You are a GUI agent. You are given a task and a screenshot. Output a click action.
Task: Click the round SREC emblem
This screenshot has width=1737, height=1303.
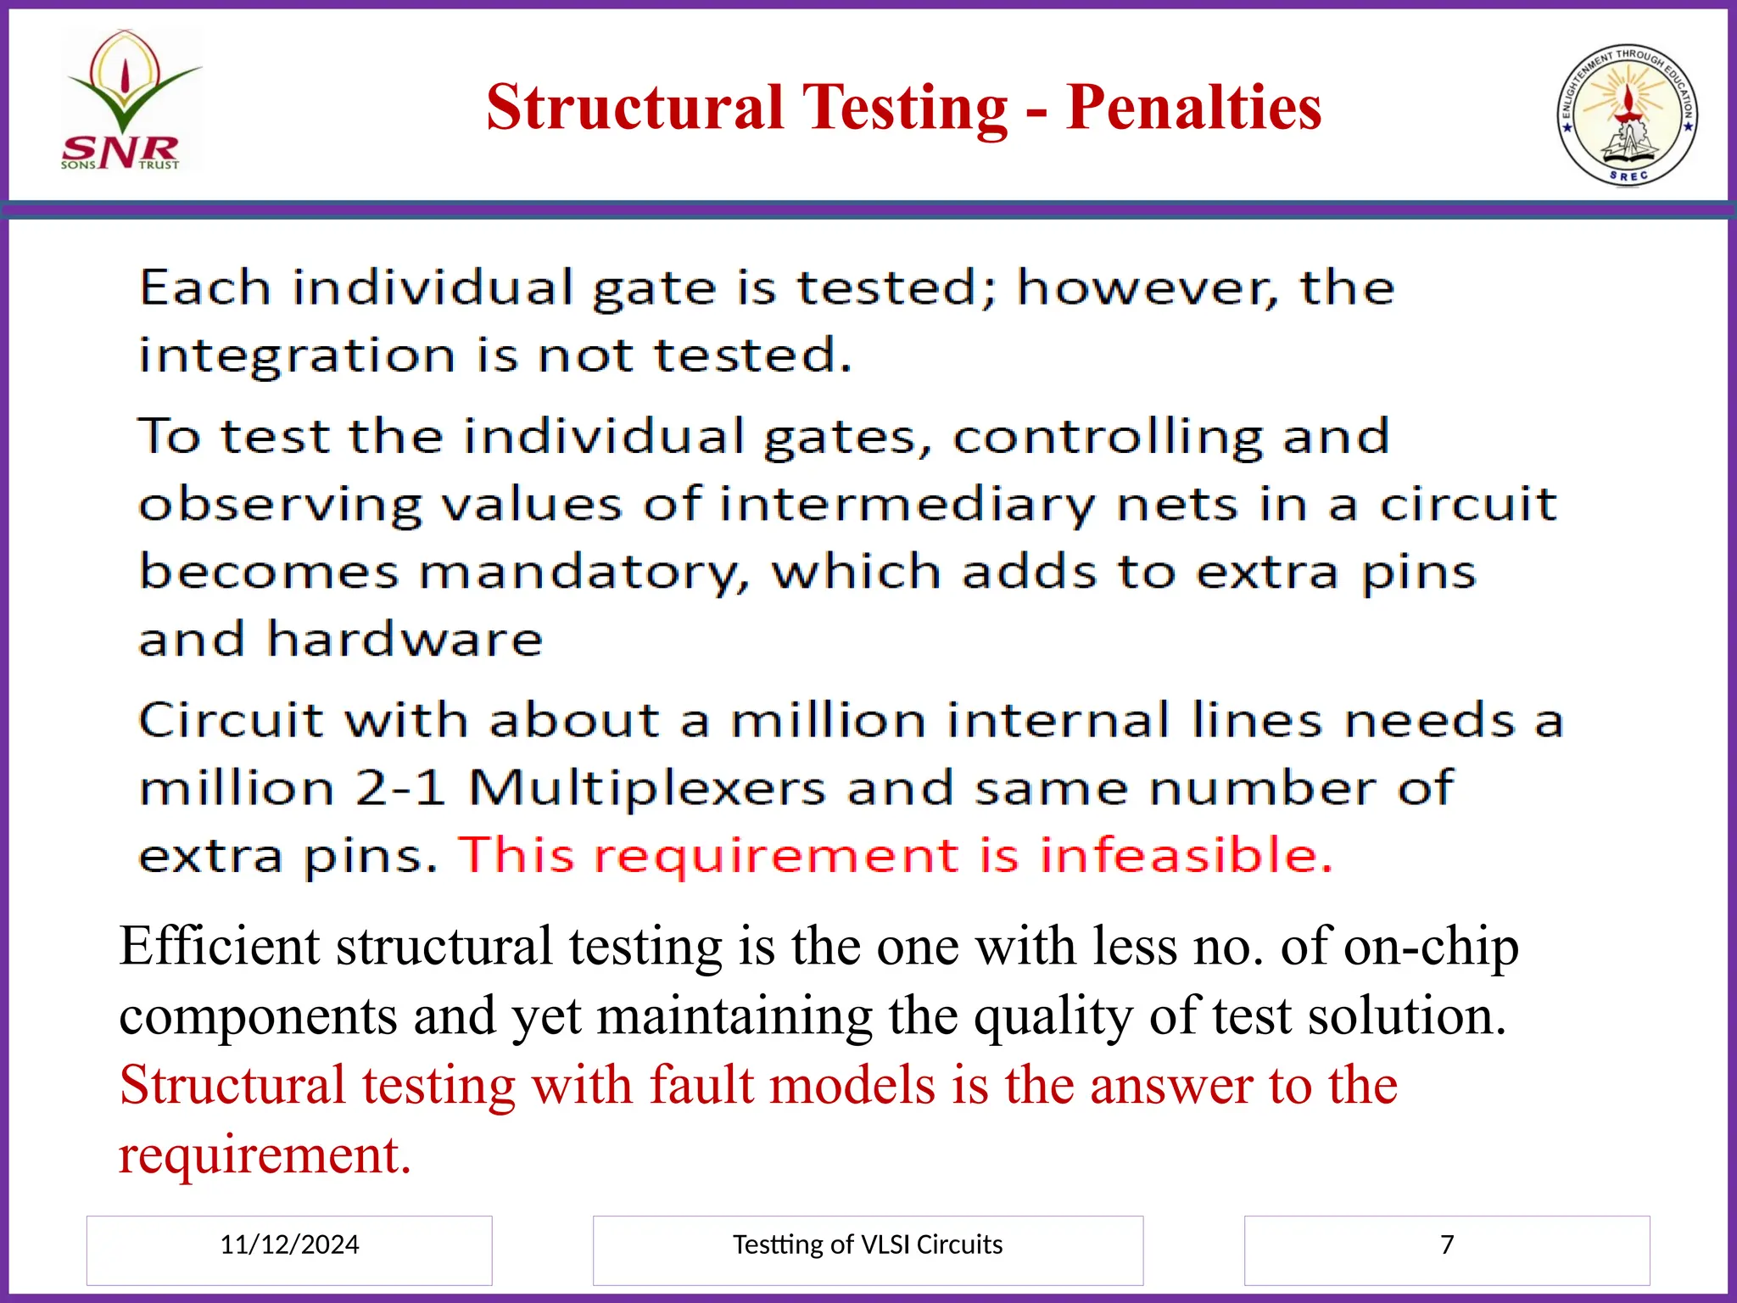(x=1628, y=115)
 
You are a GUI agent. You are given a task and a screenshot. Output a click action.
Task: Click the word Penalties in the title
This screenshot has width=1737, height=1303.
(x=1193, y=108)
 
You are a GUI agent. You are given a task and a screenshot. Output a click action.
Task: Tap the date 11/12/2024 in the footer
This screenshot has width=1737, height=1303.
(x=289, y=1244)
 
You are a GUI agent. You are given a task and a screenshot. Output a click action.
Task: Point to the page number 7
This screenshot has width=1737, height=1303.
(x=1447, y=1244)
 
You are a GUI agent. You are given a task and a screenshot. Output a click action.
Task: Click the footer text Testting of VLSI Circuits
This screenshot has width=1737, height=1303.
(x=868, y=1244)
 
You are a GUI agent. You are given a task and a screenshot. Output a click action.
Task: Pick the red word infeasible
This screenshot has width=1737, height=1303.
(x=1186, y=854)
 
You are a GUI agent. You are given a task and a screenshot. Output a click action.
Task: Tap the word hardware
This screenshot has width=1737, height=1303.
(x=405, y=639)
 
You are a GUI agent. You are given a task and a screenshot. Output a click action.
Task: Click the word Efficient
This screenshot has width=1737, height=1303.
(x=220, y=946)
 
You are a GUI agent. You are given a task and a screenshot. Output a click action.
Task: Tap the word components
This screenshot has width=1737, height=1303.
(x=258, y=1015)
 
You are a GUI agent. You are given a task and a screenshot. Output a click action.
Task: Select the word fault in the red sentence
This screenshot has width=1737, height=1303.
(x=701, y=1085)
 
